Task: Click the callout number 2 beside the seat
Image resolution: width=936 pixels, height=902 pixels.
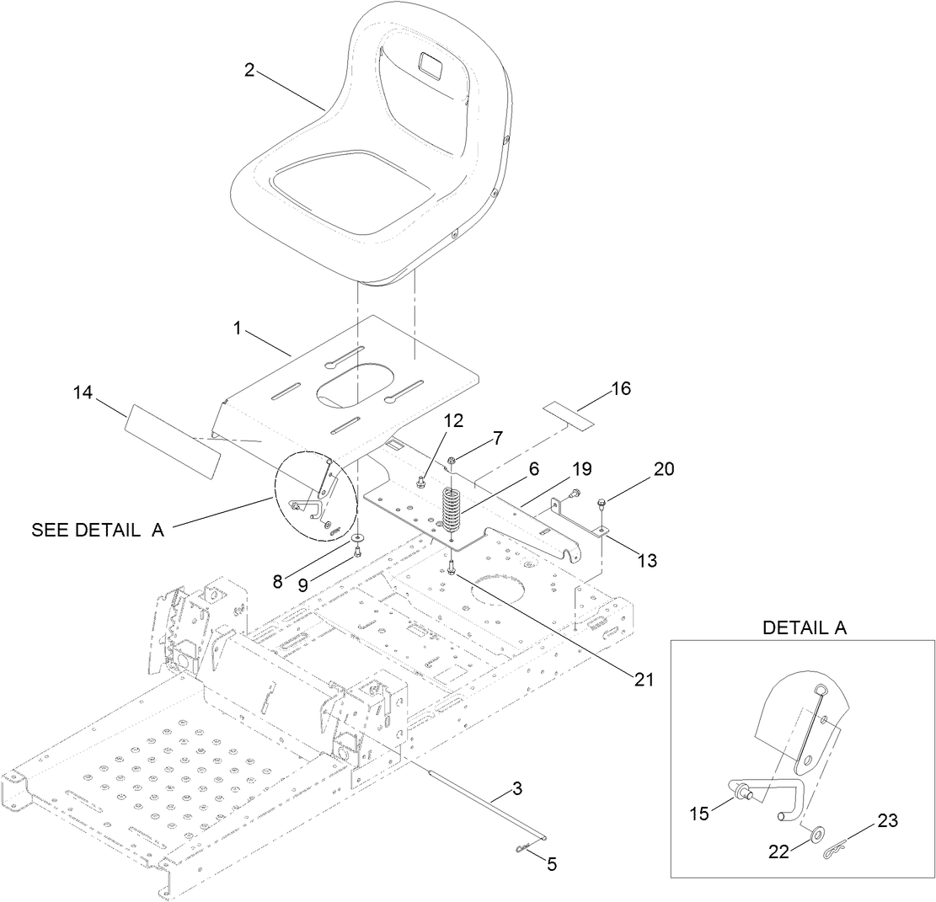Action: (249, 70)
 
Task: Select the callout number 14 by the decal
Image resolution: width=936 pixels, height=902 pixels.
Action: (83, 392)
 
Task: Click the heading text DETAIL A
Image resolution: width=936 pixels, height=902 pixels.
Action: (805, 627)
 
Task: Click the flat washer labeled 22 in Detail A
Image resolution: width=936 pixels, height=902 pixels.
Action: (815, 834)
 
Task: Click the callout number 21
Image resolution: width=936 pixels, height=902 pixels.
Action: (644, 679)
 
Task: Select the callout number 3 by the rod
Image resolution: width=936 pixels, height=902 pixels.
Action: (517, 789)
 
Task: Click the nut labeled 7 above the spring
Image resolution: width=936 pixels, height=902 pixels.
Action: (452, 461)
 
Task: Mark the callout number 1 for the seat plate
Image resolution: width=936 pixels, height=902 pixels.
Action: (238, 329)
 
